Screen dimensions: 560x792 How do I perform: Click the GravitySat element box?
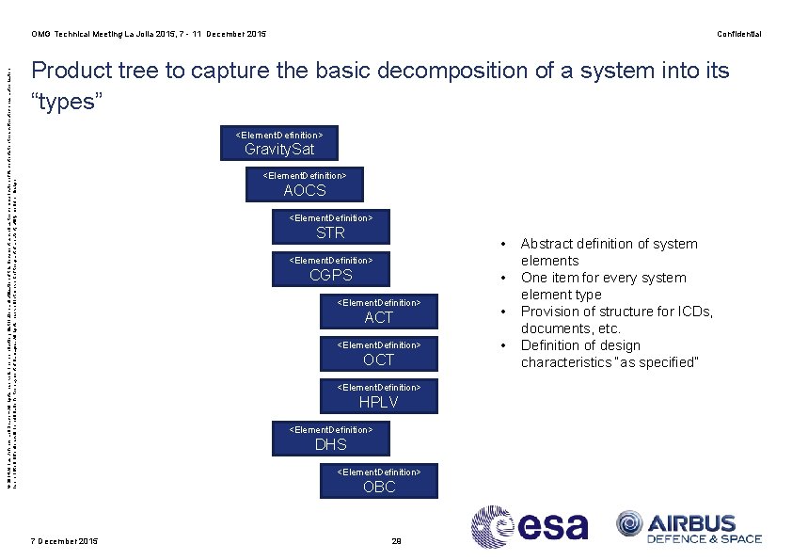click(278, 143)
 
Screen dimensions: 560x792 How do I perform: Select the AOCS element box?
click(305, 184)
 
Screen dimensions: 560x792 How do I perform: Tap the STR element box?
click(330, 227)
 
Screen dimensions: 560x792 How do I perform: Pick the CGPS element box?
click(330, 269)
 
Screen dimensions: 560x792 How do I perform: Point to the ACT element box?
click(378, 312)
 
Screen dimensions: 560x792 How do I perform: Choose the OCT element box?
click(378, 354)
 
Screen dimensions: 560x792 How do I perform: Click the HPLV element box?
click(378, 396)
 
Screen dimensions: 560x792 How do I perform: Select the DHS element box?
click(330, 439)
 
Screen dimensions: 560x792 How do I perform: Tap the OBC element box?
click(378, 481)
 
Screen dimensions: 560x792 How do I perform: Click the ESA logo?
click(530, 526)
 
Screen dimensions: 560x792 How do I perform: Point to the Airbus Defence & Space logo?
click(689, 526)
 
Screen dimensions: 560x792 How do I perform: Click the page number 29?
click(396, 540)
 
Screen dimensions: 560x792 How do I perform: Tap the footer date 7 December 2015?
click(64, 540)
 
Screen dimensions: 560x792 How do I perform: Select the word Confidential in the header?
click(738, 34)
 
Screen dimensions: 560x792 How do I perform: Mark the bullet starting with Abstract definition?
click(609, 251)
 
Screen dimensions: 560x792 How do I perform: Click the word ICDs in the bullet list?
click(695, 312)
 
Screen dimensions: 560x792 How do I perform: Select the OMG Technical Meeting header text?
click(149, 34)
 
